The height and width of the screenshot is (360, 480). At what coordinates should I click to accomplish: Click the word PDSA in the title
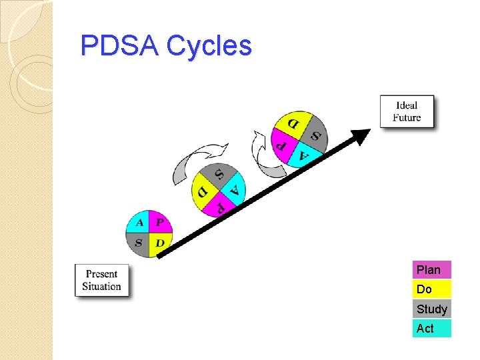(119, 46)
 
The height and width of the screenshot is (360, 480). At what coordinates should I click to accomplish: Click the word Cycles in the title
(209, 46)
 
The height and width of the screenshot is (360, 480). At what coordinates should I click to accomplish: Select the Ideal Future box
(407, 111)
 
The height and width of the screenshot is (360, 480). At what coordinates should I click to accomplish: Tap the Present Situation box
(102, 280)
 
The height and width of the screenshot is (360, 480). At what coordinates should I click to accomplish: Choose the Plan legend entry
(431, 269)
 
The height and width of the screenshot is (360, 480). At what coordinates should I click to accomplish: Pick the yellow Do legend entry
(431, 289)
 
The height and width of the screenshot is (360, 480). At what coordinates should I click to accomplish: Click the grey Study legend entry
(431, 309)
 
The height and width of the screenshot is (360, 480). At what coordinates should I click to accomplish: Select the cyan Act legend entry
(431, 328)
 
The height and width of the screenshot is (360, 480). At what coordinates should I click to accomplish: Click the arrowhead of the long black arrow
(362, 136)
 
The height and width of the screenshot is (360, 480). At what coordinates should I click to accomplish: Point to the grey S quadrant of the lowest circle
(139, 243)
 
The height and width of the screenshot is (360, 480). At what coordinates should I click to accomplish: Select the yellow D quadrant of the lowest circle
(160, 243)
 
